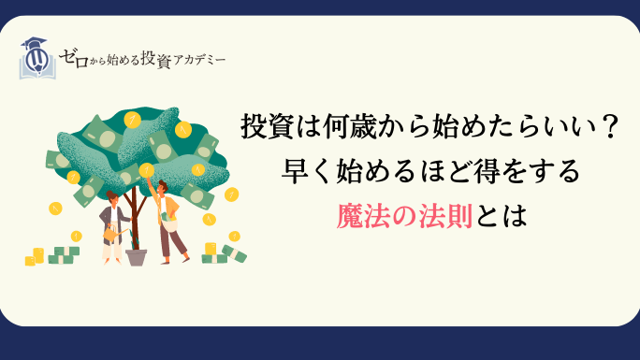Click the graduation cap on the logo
tap(34, 43)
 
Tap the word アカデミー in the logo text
tap(199, 61)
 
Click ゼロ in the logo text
tap(74, 58)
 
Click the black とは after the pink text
tap(500, 216)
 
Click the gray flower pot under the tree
tap(136, 257)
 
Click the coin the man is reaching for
tap(146, 170)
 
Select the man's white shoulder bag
tap(168, 222)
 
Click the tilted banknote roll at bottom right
tap(234, 253)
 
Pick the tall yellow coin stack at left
tap(38, 255)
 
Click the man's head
tap(163, 187)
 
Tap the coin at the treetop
tap(132, 120)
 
